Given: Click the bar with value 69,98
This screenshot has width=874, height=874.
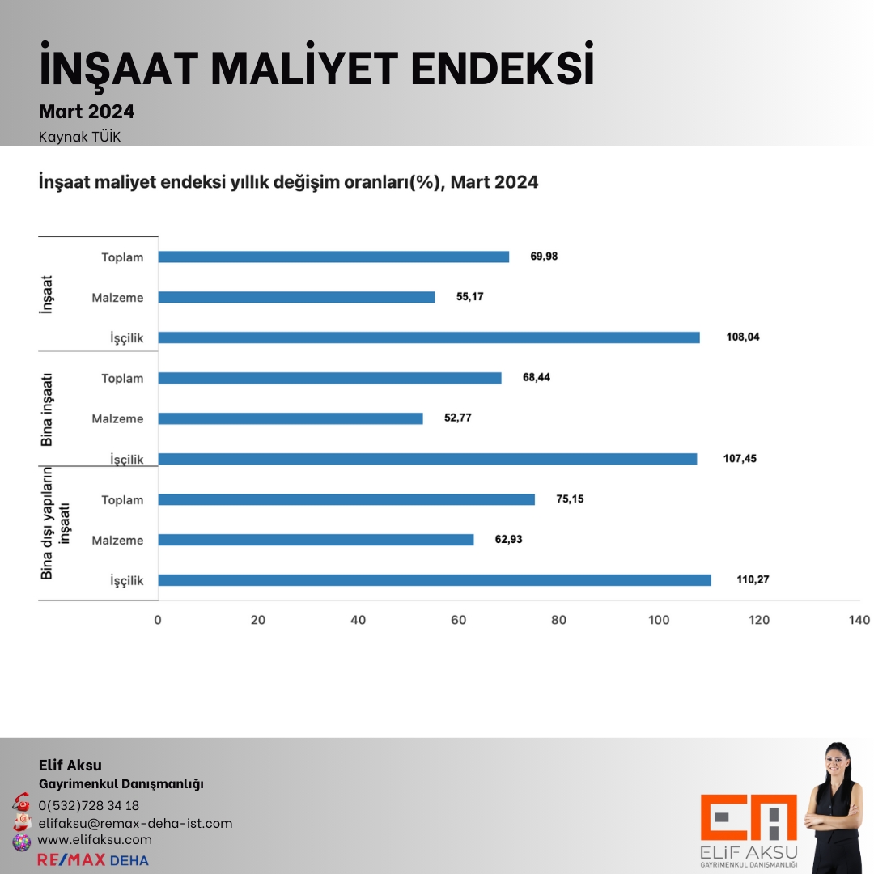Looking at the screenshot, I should [333, 257].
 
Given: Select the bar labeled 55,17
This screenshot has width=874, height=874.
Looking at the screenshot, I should [296, 297].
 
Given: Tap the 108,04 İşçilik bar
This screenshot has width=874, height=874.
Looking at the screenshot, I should [429, 337].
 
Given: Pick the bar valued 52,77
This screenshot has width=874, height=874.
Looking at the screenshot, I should [291, 418].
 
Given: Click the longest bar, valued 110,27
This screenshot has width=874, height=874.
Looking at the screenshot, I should [435, 580].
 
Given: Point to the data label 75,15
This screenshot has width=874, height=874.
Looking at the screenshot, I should [570, 499].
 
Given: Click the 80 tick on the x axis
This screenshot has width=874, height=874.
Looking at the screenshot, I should [558, 620].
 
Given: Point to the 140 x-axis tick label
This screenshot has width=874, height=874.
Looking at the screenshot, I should [859, 620].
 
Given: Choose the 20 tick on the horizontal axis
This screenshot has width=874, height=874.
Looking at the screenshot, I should [258, 620].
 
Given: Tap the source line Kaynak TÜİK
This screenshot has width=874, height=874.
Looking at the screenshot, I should [79, 136].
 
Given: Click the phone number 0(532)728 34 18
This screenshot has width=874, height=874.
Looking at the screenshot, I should [88, 805].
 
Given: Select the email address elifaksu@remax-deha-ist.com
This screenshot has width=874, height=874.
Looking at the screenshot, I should [135, 823].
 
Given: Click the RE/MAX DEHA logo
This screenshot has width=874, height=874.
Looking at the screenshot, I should [93, 859].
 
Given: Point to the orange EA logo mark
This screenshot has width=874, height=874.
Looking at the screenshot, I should [749, 818].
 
